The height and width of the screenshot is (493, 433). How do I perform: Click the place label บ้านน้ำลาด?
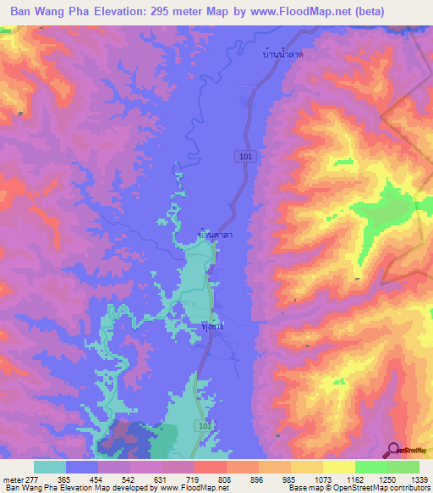coord(284,53)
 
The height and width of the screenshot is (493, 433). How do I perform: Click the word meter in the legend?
coord(12,479)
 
